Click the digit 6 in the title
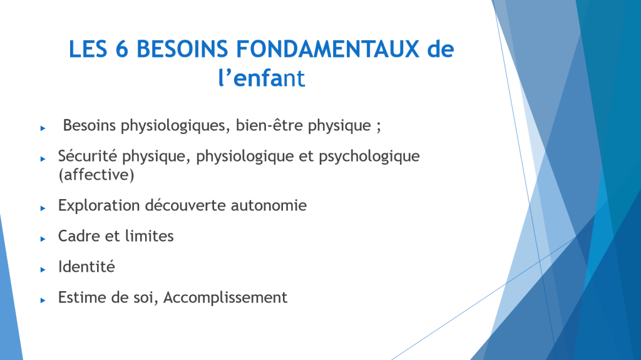pyautogui.click(x=122, y=49)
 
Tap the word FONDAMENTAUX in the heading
pyautogui.click(x=328, y=49)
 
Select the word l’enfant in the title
pyautogui.click(x=262, y=78)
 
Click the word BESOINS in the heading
pyautogui.click(x=182, y=49)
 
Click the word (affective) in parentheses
pyautogui.click(x=96, y=175)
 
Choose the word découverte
pyautogui.click(x=185, y=205)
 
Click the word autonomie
pyautogui.click(x=269, y=205)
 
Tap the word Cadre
pyautogui.click(x=78, y=236)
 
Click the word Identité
pyautogui.click(x=86, y=267)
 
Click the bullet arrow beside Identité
pyautogui.click(x=43, y=270)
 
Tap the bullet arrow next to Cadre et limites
pyautogui.click(x=43, y=239)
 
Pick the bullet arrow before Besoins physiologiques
pyautogui.click(x=43, y=128)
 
